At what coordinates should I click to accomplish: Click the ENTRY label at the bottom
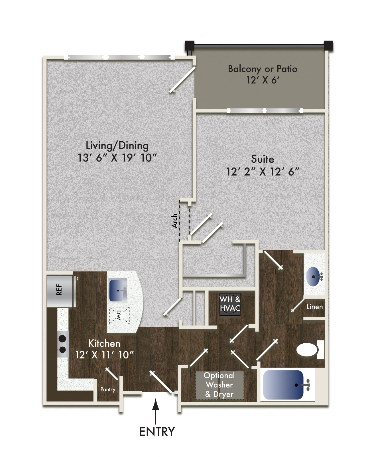pyautogui.click(x=157, y=431)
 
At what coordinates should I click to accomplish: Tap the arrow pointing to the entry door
pyautogui.click(x=155, y=412)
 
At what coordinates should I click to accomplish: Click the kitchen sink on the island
pyautogui.click(x=118, y=290)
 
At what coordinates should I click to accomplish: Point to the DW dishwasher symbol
pyautogui.click(x=119, y=315)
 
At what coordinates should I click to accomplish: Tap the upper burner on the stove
pyautogui.click(x=62, y=339)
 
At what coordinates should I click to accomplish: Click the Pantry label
pyautogui.click(x=108, y=389)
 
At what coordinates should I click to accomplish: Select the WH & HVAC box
pyautogui.click(x=230, y=304)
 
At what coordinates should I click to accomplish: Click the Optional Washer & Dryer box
pyautogui.click(x=219, y=385)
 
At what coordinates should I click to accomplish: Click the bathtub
pyautogui.click(x=283, y=385)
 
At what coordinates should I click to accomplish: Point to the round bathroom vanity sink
pyautogui.click(x=313, y=276)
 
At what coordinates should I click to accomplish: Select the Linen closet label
pyautogui.click(x=314, y=307)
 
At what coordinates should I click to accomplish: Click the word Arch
pyautogui.click(x=174, y=221)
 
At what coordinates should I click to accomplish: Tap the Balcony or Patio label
pyautogui.click(x=263, y=69)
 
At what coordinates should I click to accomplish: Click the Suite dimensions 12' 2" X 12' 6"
pyautogui.click(x=263, y=172)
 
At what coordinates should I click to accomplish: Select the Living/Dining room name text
pyautogui.click(x=117, y=146)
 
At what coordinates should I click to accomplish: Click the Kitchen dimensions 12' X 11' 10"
pyautogui.click(x=104, y=355)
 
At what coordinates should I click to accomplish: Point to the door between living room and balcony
pyautogui.click(x=182, y=79)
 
